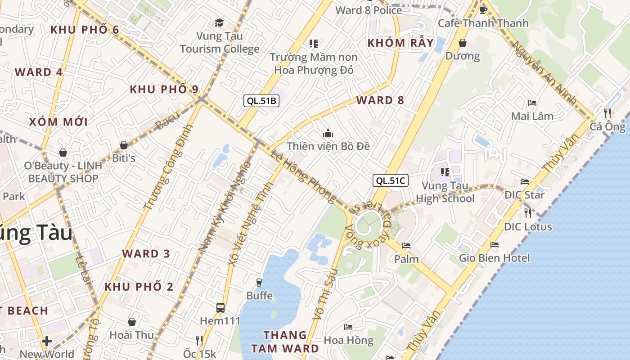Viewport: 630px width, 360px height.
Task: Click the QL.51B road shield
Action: click(261, 101)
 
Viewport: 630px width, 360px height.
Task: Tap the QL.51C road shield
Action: click(391, 181)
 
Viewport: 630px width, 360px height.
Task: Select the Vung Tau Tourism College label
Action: click(220, 42)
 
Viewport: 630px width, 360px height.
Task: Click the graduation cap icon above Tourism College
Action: click(219, 22)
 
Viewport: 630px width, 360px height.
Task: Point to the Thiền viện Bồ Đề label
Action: click(328, 146)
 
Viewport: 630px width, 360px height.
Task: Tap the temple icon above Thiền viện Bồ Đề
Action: click(328, 133)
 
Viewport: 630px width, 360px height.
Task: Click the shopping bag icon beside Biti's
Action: click(124, 145)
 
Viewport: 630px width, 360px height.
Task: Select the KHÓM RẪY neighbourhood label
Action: click(401, 43)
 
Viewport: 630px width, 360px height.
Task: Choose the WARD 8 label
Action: click(380, 100)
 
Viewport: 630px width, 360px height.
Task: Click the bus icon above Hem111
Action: click(220, 308)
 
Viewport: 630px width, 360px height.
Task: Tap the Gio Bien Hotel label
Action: click(494, 258)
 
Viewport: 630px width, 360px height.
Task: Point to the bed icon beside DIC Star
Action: click(525, 182)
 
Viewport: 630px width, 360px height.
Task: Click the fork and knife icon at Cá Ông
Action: click(607, 113)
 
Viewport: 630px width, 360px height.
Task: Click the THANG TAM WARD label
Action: click(285, 342)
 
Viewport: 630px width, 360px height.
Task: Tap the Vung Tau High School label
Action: click(445, 192)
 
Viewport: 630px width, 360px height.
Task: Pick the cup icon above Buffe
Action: click(259, 283)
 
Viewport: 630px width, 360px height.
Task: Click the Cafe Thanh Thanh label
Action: click(483, 23)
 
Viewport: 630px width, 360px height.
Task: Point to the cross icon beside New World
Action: click(47, 341)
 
